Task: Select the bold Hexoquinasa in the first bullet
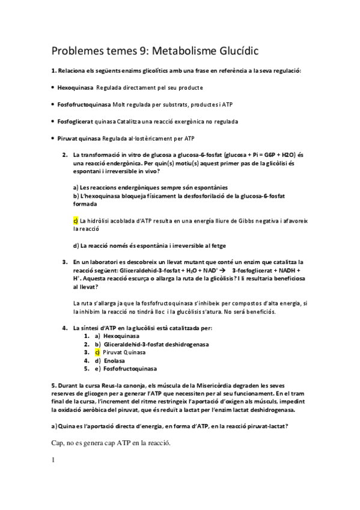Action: [x=75, y=87]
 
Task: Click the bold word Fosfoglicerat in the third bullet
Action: [x=77, y=121]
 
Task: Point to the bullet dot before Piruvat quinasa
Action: [x=53, y=138]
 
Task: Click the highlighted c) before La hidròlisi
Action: [x=75, y=221]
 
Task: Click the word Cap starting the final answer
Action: [x=58, y=443]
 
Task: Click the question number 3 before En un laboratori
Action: [x=64, y=262]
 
